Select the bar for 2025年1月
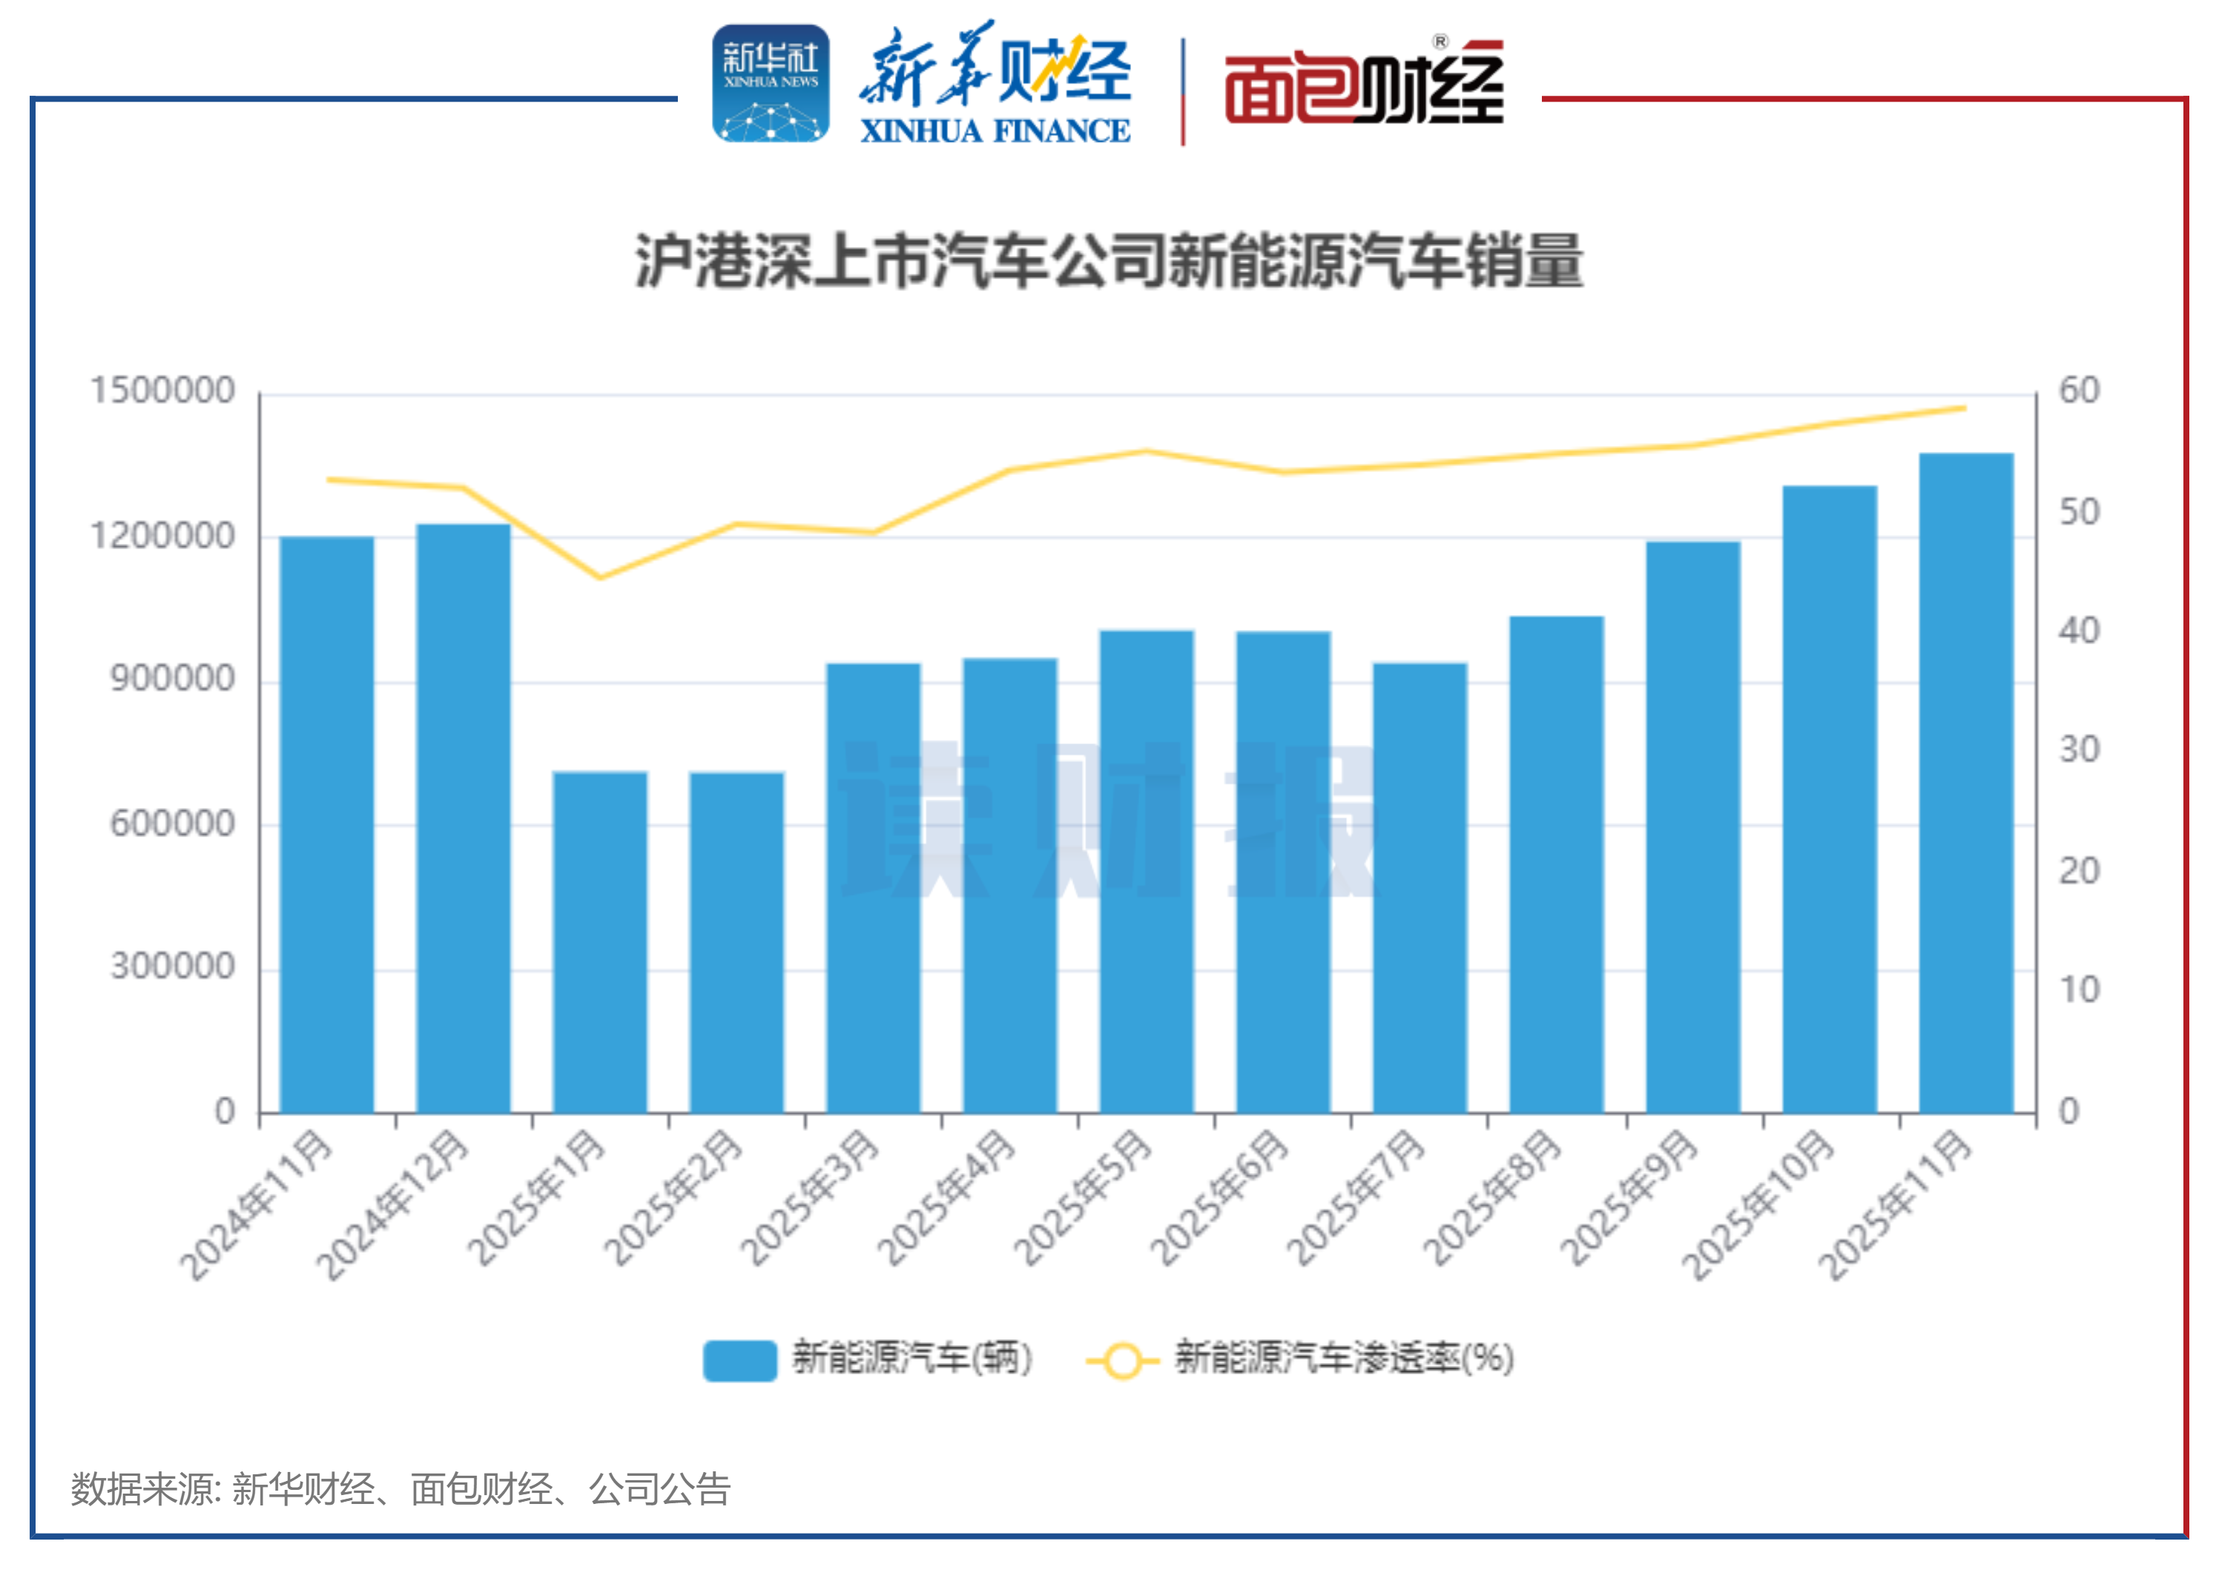599,942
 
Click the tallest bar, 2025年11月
1966,783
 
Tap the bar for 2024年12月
463,819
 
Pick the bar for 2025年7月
1420,887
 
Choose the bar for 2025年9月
1693,827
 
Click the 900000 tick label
172,679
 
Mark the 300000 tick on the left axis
172,966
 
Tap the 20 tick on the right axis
2079,871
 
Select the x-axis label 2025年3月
810,1199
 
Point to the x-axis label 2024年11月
255,1206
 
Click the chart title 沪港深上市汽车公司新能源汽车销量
1109,261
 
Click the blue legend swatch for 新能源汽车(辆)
739,1360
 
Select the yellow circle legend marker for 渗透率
1122,1362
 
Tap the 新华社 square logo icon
771,84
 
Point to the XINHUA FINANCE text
995,131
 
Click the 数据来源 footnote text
400,1489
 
